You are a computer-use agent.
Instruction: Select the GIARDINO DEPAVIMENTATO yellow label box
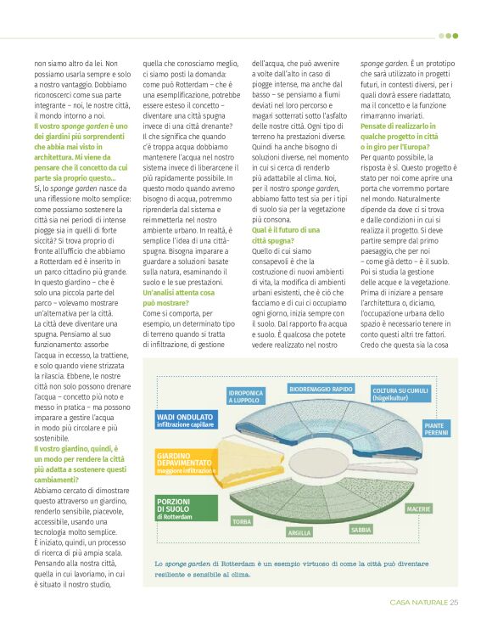186,462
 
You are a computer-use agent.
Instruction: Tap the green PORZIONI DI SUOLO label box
184,507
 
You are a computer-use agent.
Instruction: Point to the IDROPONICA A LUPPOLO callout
245,396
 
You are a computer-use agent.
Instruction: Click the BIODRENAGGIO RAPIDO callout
321,389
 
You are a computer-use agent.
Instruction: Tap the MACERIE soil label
418,508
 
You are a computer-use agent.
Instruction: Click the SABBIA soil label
362,529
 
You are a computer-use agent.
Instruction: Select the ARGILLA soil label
299,532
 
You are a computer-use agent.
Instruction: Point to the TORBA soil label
242,521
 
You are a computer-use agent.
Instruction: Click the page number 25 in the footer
454,603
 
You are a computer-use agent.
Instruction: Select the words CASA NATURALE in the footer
419,603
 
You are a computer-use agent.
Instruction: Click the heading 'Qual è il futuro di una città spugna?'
286,235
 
